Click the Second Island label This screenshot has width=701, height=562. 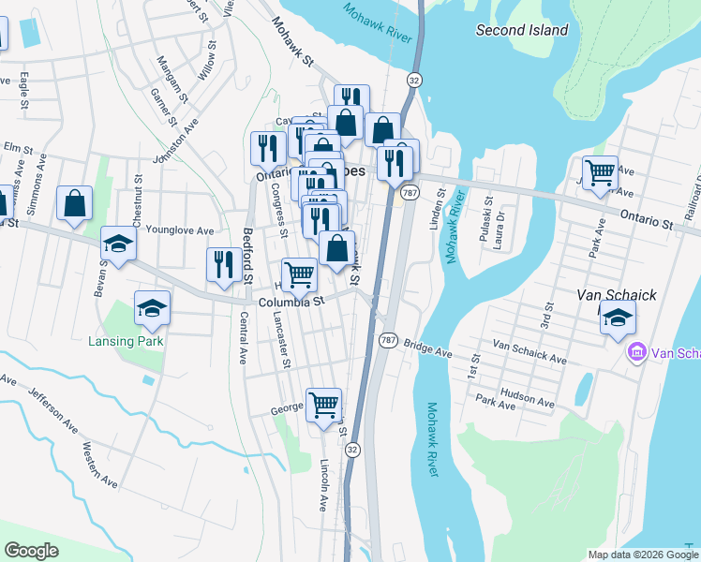click(522, 30)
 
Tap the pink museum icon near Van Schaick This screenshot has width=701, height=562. click(636, 353)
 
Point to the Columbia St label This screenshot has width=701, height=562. click(291, 302)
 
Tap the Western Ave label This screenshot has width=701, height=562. click(99, 465)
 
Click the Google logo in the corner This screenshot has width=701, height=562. click(31, 551)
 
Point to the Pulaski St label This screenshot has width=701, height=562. click(487, 220)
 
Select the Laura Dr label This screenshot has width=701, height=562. click(501, 225)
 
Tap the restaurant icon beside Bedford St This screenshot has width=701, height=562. click(223, 265)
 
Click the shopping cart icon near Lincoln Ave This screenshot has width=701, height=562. click(323, 406)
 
